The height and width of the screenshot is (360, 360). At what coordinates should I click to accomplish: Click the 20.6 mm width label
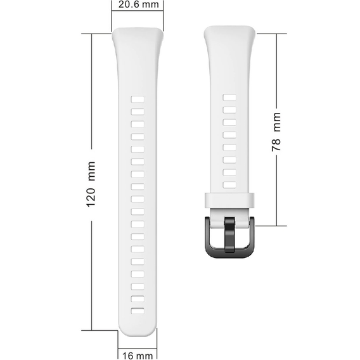[137, 5]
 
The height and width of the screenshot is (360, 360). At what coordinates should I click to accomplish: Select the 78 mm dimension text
[276, 131]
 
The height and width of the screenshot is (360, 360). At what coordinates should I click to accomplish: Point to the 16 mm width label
[137, 355]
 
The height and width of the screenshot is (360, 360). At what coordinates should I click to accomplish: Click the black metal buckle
[229, 236]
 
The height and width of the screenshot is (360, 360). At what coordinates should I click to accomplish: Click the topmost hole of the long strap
[138, 100]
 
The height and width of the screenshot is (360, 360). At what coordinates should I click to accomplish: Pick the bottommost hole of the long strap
[138, 311]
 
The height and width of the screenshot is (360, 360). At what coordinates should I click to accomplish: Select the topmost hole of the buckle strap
[229, 98]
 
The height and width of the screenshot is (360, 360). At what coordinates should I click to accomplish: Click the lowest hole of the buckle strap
[229, 185]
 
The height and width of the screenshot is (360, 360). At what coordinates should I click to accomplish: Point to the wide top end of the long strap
[138, 38]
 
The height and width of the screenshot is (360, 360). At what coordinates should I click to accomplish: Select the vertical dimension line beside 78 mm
[277, 70]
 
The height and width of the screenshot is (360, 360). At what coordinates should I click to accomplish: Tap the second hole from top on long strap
[138, 112]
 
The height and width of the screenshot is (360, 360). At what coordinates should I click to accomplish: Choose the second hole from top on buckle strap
[229, 110]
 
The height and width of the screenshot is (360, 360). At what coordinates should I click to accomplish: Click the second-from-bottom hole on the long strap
[138, 299]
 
